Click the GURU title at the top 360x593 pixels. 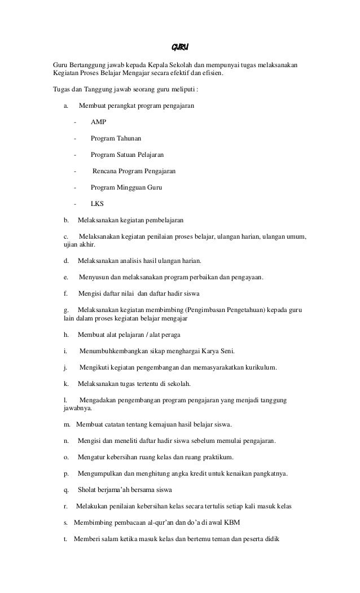179,46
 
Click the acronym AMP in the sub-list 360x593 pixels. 98,121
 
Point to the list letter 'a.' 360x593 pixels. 66,105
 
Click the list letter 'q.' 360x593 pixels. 66,489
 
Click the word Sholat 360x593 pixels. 89,489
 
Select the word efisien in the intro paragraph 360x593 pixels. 211,73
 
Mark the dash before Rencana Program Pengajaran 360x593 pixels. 74,170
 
